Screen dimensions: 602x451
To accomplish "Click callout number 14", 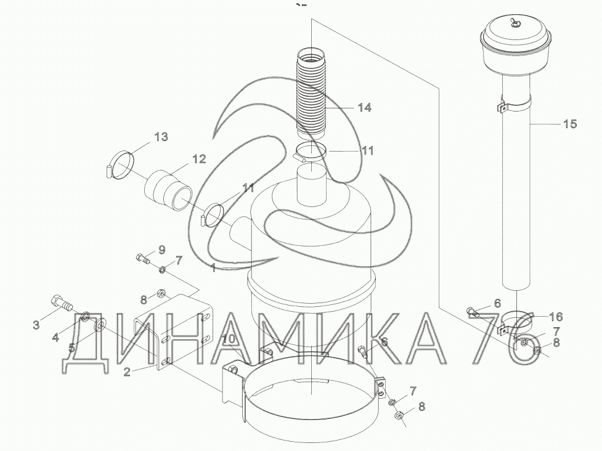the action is pyautogui.click(x=364, y=107).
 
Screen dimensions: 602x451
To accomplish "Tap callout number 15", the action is pyautogui.click(x=570, y=124).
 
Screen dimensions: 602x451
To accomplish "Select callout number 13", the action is pyautogui.click(x=161, y=136).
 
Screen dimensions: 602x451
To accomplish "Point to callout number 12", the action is pyautogui.click(x=199, y=158).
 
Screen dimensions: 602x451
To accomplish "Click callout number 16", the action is pyautogui.click(x=556, y=317).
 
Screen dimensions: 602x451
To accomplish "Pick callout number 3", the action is pyautogui.click(x=36, y=325).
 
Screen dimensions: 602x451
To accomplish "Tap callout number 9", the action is pyautogui.click(x=161, y=250).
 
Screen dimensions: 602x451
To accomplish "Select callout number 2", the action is pyautogui.click(x=127, y=372).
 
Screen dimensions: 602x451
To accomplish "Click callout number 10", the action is pyautogui.click(x=229, y=339).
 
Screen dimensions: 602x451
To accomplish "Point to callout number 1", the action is pyautogui.click(x=213, y=267).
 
